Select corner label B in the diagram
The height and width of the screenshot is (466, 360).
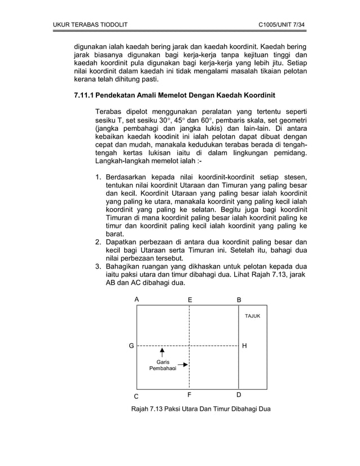[239, 300]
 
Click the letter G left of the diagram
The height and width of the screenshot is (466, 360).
[131, 345]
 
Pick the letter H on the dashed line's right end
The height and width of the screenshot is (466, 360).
[244, 345]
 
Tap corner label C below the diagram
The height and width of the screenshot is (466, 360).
[136, 395]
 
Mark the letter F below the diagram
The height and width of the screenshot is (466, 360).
[189, 394]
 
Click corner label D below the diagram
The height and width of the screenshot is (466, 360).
[239, 394]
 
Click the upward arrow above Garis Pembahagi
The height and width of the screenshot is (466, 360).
[161, 353]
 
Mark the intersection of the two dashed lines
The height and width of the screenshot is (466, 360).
[189, 345]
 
